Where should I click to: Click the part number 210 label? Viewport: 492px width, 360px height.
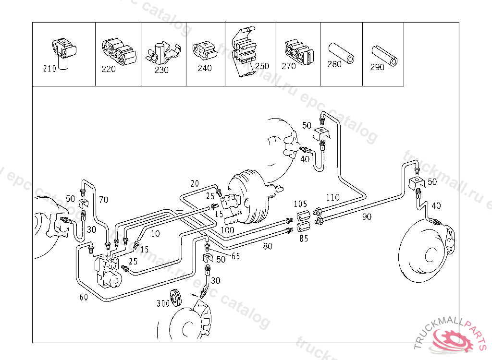pyautogui.click(x=49, y=69)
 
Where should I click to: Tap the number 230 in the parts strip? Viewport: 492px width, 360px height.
pyautogui.click(x=161, y=70)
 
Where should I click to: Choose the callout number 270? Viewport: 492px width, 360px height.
pyautogui.click(x=289, y=66)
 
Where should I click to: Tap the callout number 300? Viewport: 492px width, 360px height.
pyautogui.click(x=163, y=303)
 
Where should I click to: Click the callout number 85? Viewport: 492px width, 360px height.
pyautogui.click(x=304, y=238)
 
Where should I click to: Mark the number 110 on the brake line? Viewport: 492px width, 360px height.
pyautogui.click(x=332, y=197)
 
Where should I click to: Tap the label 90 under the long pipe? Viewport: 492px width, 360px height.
pyautogui.click(x=367, y=217)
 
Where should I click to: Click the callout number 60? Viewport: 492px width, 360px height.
pyautogui.click(x=84, y=297)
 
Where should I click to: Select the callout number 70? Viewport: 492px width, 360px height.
pyautogui.click(x=104, y=199)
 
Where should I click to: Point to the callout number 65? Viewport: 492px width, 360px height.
pyautogui.click(x=235, y=256)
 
